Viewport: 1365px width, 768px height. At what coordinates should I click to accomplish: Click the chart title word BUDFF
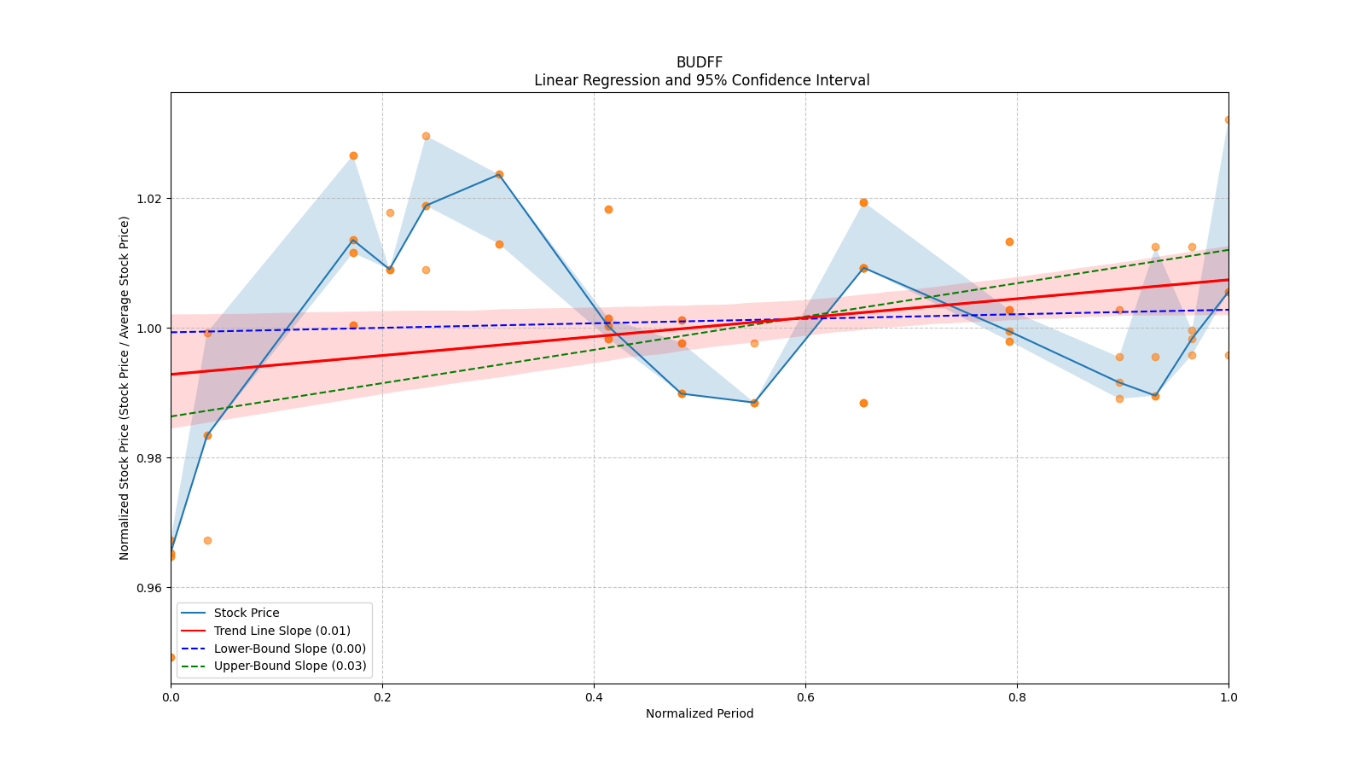[700, 62]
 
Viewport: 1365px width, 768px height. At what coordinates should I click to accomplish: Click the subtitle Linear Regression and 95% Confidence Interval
[701, 80]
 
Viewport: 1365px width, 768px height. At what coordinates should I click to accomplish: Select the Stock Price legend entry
[247, 613]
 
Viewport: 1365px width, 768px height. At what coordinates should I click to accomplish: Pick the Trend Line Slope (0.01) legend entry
[282, 631]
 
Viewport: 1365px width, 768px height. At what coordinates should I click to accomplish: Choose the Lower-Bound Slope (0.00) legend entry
[289, 649]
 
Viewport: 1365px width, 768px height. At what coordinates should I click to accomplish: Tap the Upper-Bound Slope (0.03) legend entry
[290, 666]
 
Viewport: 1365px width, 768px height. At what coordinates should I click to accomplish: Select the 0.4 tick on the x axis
[594, 696]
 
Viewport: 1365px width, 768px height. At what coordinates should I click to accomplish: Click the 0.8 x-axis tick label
[1017, 696]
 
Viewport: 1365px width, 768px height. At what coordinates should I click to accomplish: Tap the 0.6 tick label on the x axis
[805, 696]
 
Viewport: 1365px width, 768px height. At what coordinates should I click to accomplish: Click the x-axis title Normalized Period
[700, 713]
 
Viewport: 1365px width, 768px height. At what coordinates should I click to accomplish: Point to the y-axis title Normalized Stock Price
[125, 387]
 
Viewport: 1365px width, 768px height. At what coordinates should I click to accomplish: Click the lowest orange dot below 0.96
[171, 657]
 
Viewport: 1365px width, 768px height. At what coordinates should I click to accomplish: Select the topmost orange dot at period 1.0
[1228, 119]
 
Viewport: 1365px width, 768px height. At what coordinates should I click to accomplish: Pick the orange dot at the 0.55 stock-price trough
[754, 403]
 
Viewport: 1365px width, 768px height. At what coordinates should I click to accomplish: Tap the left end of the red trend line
[171, 374]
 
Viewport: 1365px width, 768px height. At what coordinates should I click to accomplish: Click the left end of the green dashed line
[171, 416]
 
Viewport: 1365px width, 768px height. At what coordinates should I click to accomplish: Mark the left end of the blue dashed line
[171, 332]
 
